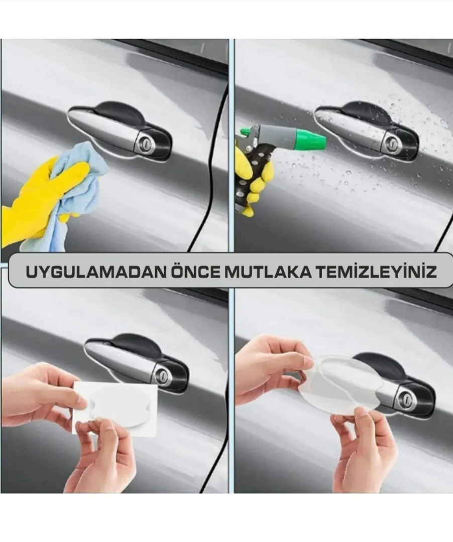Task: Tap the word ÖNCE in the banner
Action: click(x=196, y=272)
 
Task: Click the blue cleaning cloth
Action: click(x=73, y=194)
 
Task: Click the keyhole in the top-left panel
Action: click(x=143, y=143)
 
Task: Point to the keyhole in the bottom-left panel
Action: click(x=162, y=376)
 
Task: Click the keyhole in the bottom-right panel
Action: click(x=405, y=399)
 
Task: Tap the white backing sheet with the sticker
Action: click(x=116, y=408)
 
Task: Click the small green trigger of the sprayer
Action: click(x=246, y=131)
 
